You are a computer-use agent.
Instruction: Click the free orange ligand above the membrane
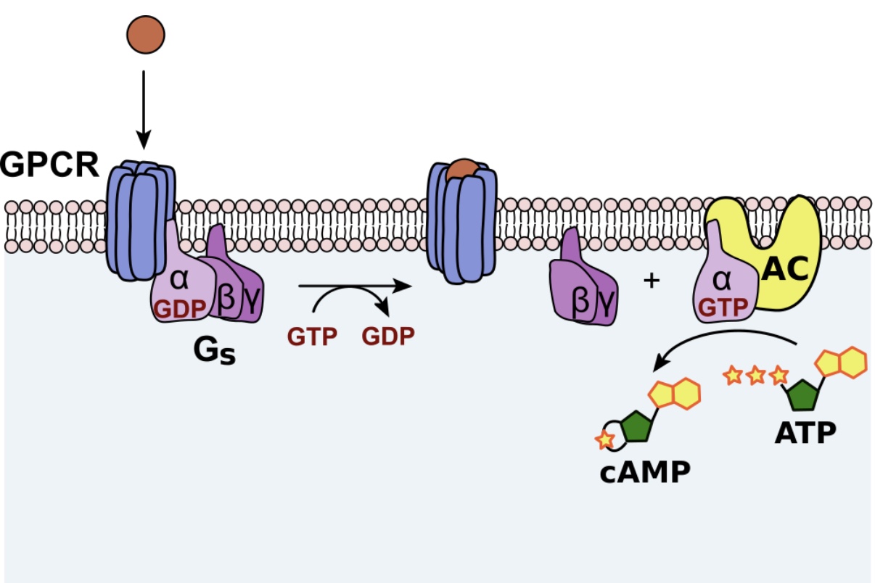pos(146,34)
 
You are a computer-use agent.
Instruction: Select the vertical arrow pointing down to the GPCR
pos(144,109)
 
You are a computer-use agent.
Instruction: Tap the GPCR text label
pos(49,165)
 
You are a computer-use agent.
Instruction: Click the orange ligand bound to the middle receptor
pos(461,170)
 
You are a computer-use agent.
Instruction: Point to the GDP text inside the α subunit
pos(180,307)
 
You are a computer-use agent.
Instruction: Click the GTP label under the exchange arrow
pos(312,337)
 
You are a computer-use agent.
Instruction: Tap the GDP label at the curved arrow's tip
pos(389,337)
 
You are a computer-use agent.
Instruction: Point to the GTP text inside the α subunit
pos(723,307)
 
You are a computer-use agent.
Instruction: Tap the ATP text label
pos(805,433)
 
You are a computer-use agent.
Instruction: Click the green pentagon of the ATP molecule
pos(803,395)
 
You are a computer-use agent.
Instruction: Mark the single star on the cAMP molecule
pos(604,439)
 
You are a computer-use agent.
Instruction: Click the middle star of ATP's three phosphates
pos(755,375)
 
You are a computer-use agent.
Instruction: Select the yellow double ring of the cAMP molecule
pos(675,394)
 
